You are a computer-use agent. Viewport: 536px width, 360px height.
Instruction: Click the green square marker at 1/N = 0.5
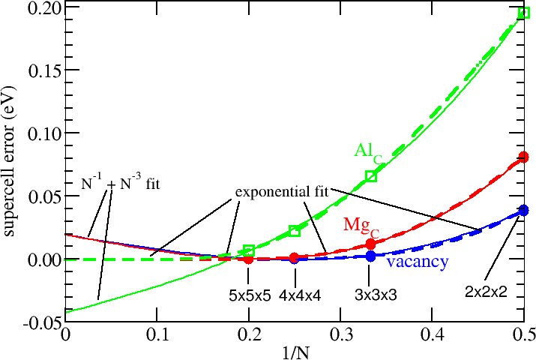pos(523,13)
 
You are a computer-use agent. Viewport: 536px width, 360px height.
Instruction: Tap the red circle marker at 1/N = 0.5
pos(523,157)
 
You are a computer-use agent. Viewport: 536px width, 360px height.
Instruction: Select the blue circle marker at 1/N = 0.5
pos(523,211)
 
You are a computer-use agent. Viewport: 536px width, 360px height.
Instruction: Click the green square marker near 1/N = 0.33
pos(370,176)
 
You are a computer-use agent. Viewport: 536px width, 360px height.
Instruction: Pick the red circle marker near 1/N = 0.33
pos(370,244)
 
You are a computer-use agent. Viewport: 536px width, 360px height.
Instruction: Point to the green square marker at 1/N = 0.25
pos(295,231)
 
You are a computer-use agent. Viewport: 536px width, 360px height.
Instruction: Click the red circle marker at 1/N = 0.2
pos(249,259)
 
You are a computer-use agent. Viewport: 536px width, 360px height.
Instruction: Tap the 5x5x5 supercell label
pos(249,295)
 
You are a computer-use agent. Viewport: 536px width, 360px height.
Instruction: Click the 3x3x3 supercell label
pos(375,295)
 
